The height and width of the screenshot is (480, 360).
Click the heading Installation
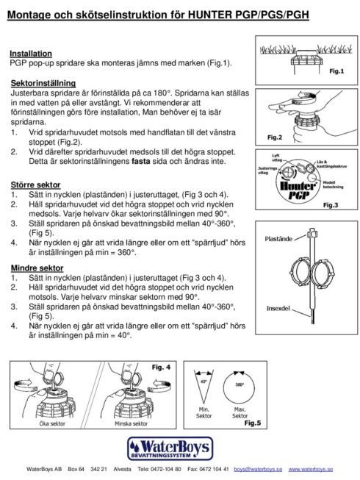[x=30, y=54]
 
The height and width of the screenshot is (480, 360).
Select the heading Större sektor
[x=35, y=185]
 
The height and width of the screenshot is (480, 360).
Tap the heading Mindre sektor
[x=36, y=268]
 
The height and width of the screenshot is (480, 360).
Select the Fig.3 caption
[x=331, y=207]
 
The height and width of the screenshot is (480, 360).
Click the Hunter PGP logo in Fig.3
[x=298, y=189]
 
